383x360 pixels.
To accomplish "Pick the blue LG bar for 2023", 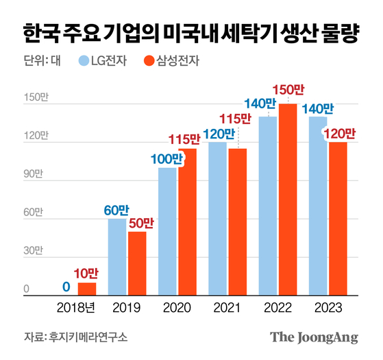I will (x=318, y=206).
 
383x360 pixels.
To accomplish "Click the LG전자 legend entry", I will (x=108, y=61).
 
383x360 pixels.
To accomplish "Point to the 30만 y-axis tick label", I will (x=32, y=252).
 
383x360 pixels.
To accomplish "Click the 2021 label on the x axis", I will (x=227, y=308).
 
